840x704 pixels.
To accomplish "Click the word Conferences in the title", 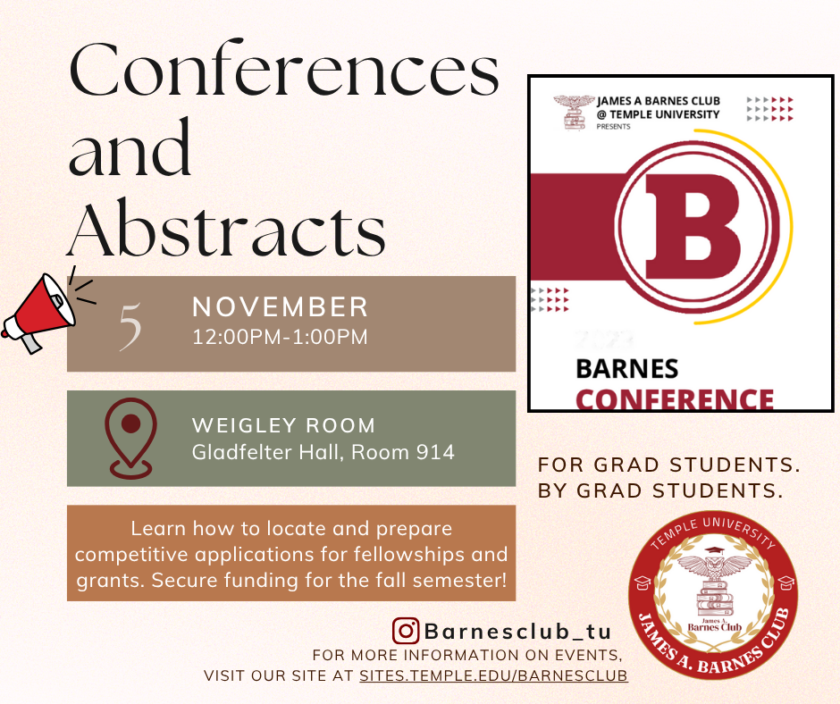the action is (284, 70).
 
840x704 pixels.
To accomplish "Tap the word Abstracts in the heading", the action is (226, 229).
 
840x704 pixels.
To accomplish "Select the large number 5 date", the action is (130, 326).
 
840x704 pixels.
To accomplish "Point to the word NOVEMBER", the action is (281, 307).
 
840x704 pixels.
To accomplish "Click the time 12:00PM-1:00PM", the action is (281, 337).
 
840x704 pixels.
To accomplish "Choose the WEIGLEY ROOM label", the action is (284, 425).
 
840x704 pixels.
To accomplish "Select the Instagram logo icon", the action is (406, 631).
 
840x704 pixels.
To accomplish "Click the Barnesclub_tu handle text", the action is (517, 631).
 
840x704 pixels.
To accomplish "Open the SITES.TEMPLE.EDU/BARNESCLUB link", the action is (493, 675).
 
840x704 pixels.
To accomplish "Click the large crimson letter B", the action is (693, 227).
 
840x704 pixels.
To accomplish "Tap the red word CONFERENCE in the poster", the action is (675, 399).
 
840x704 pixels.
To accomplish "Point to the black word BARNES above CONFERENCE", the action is (626, 369).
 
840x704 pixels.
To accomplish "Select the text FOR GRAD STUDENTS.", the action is (668, 465).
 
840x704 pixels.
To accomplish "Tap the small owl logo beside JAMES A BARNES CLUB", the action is (574, 113).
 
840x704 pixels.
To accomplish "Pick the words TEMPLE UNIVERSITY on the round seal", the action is (713, 532).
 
